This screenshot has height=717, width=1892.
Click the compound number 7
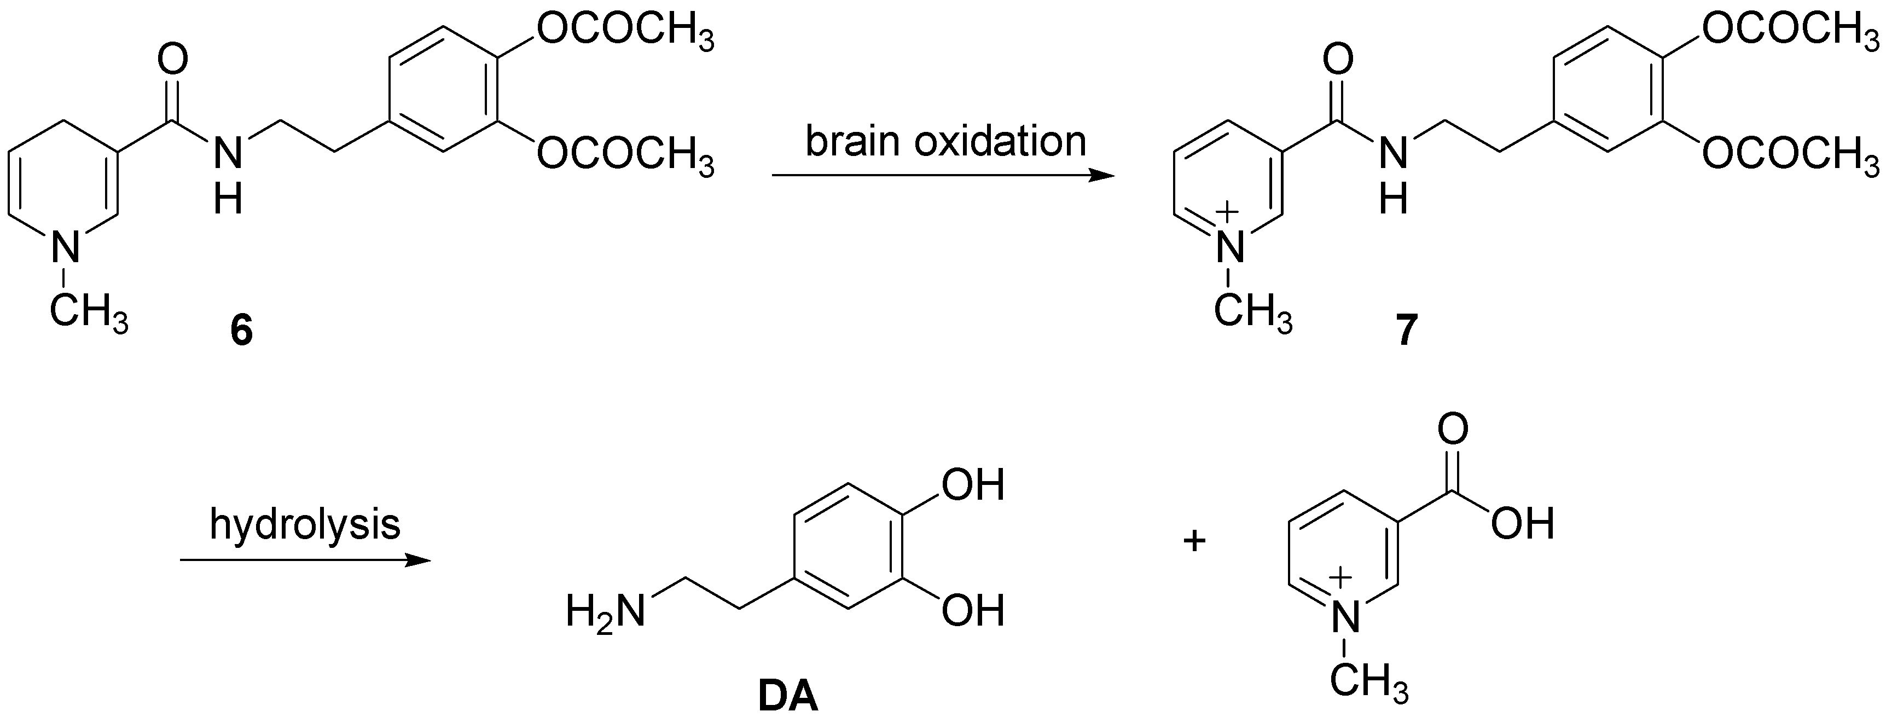pos(1403,331)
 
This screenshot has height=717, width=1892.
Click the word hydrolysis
pos(305,524)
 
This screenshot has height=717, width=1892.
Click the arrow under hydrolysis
pos(305,560)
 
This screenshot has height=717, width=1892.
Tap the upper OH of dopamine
pos(972,487)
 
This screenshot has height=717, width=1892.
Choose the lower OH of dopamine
pos(972,611)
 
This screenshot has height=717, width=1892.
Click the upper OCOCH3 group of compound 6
pos(625,33)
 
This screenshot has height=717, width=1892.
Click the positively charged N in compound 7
pos(1231,246)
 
